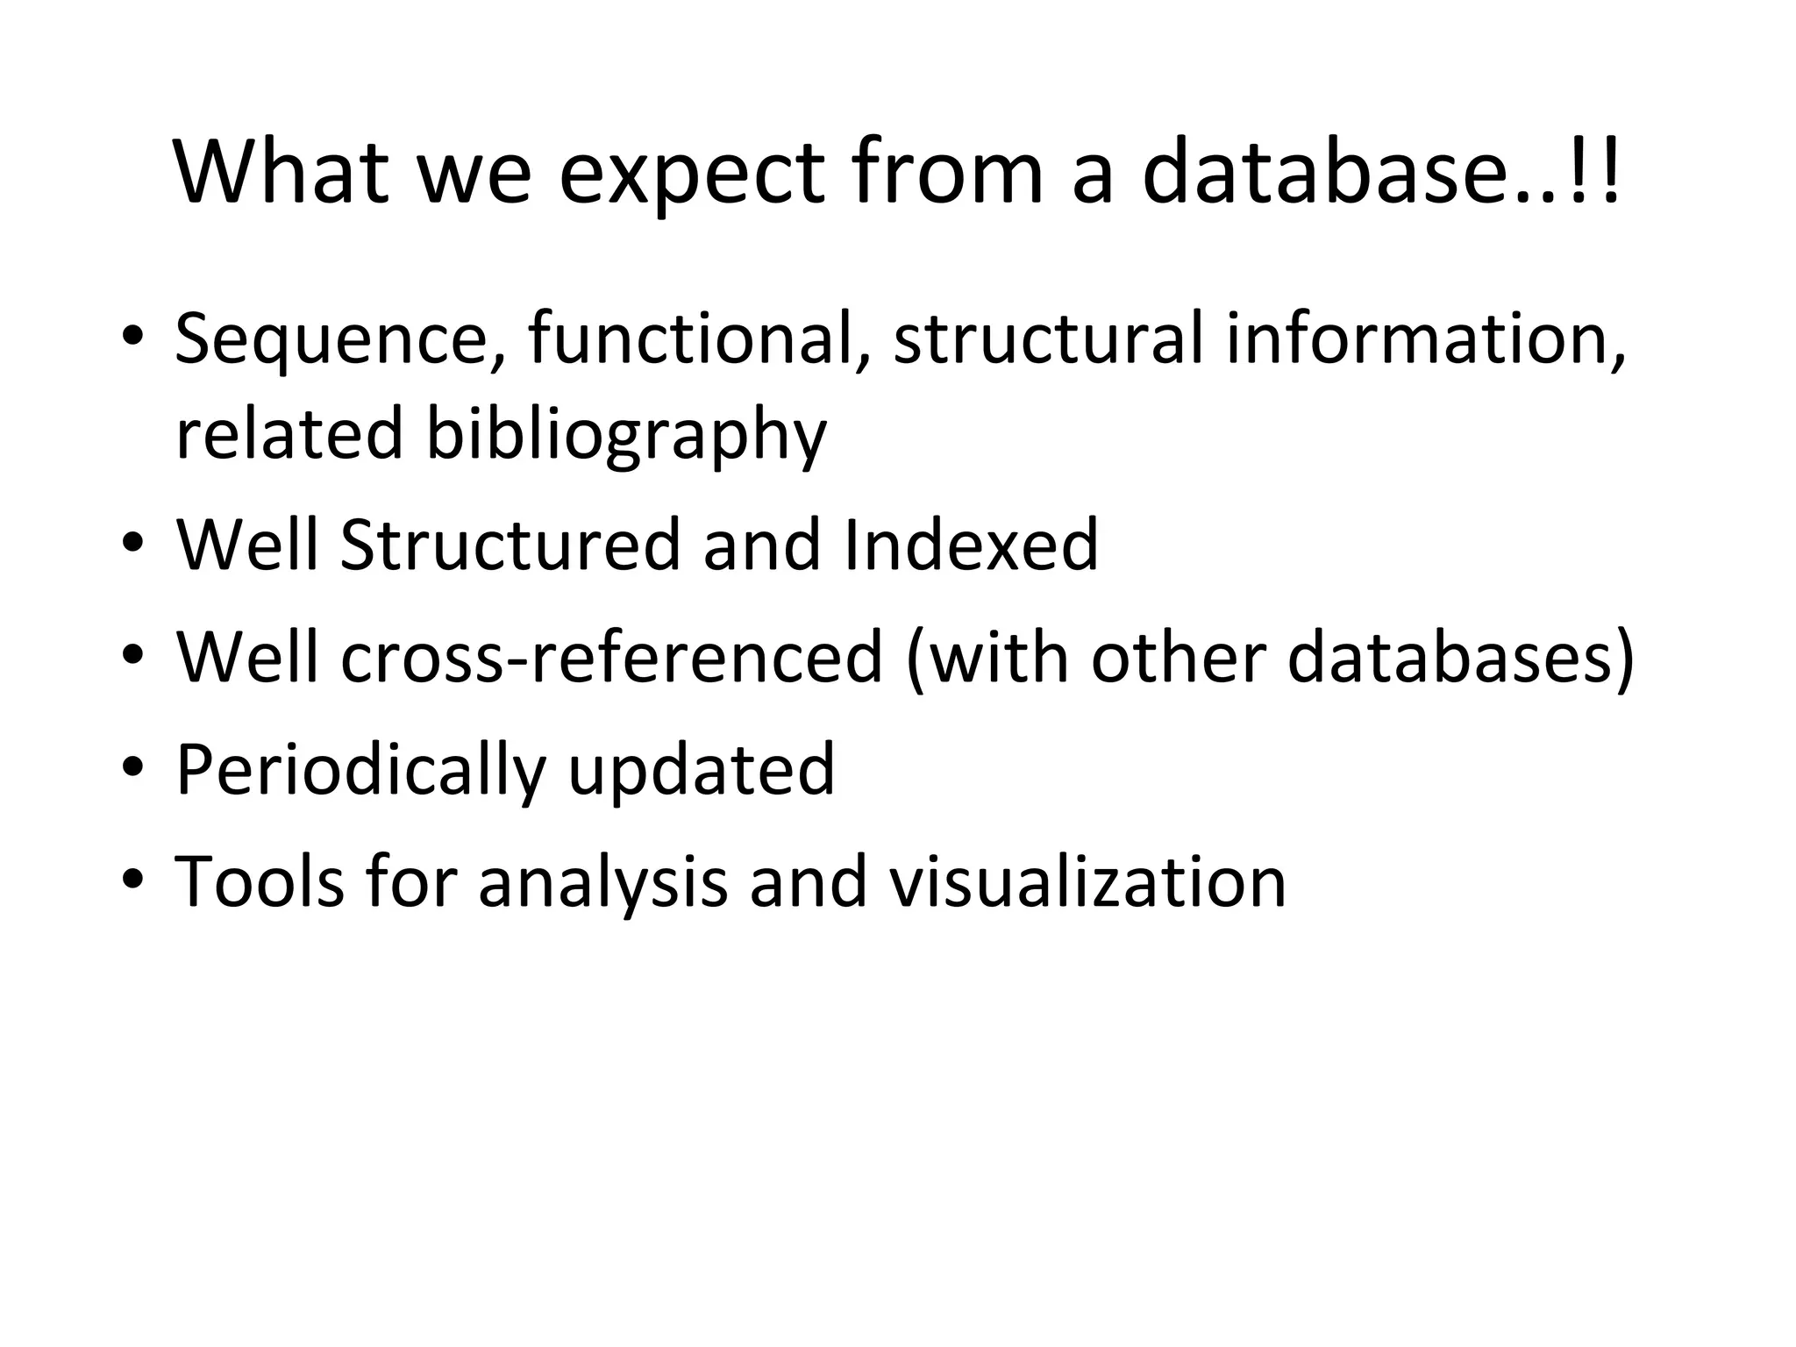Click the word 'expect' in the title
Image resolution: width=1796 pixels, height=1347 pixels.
pyautogui.click(x=691, y=172)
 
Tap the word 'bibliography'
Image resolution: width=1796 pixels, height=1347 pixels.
pyautogui.click(x=626, y=434)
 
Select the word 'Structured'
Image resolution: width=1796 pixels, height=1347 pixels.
pyautogui.click(x=510, y=545)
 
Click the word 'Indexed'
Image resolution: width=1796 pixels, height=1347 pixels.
pyautogui.click(x=970, y=545)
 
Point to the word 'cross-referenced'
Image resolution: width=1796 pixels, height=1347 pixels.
pyautogui.click(x=611, y=657)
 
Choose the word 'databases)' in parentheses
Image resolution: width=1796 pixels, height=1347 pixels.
pyautogui.click(x=1461, y=657)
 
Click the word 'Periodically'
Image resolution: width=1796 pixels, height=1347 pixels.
pyautogui.click(x=360, y=770)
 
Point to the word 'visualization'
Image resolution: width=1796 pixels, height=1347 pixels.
pyautogui.click(x=1087, y=881)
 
